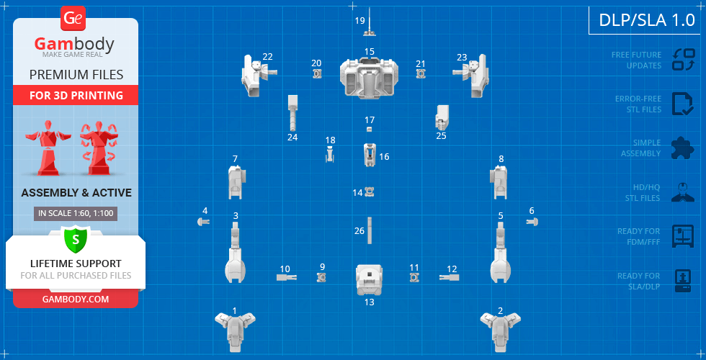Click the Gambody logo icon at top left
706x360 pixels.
pyautogui.click(x=73, y=17)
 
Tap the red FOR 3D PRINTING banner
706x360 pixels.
pyautogui.click(x=76, y=95)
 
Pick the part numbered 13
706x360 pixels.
pyautogui.click(x=369, y=279)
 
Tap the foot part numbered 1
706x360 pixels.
pyautogui.click(x=235, y=330)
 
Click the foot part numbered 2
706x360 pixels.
pyautogui.click(x=501, y=330)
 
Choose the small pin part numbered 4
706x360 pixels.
pyautogui.click(x=203, y=222)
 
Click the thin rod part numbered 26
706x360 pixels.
pyautogui.click(x=369, y=230)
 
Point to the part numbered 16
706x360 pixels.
pyautogui.click(x=369, y=155)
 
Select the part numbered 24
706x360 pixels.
pyautogui.click(x=292, y=111)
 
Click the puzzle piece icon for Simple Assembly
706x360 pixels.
pyautogui.click(x=682, y=148)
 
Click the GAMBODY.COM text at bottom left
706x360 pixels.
pyautogui.click(x=76, y=299)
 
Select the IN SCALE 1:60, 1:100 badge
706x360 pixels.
pyautogui.click(x=76, y=213)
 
